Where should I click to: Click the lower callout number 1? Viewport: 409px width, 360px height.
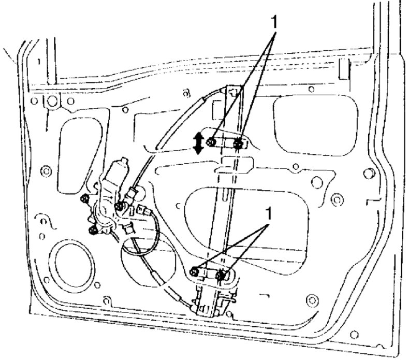(268, 214)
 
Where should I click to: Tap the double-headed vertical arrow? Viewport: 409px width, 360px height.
(199, 143)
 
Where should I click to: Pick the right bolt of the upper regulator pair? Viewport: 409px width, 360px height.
(238, 143)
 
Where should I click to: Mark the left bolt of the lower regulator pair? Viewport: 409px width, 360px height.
(194, 272)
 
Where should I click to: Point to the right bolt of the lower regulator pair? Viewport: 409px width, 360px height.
(221, 275)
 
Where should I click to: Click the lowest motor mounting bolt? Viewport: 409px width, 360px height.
(93, 230)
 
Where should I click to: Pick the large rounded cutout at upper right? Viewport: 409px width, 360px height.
(316, 126)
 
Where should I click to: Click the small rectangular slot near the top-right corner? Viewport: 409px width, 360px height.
(344, 69)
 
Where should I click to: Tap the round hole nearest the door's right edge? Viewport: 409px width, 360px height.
(369, 174)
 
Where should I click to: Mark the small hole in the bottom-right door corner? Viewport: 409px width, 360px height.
(354, 335)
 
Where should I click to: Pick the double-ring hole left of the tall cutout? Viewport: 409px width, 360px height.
(46, 171)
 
